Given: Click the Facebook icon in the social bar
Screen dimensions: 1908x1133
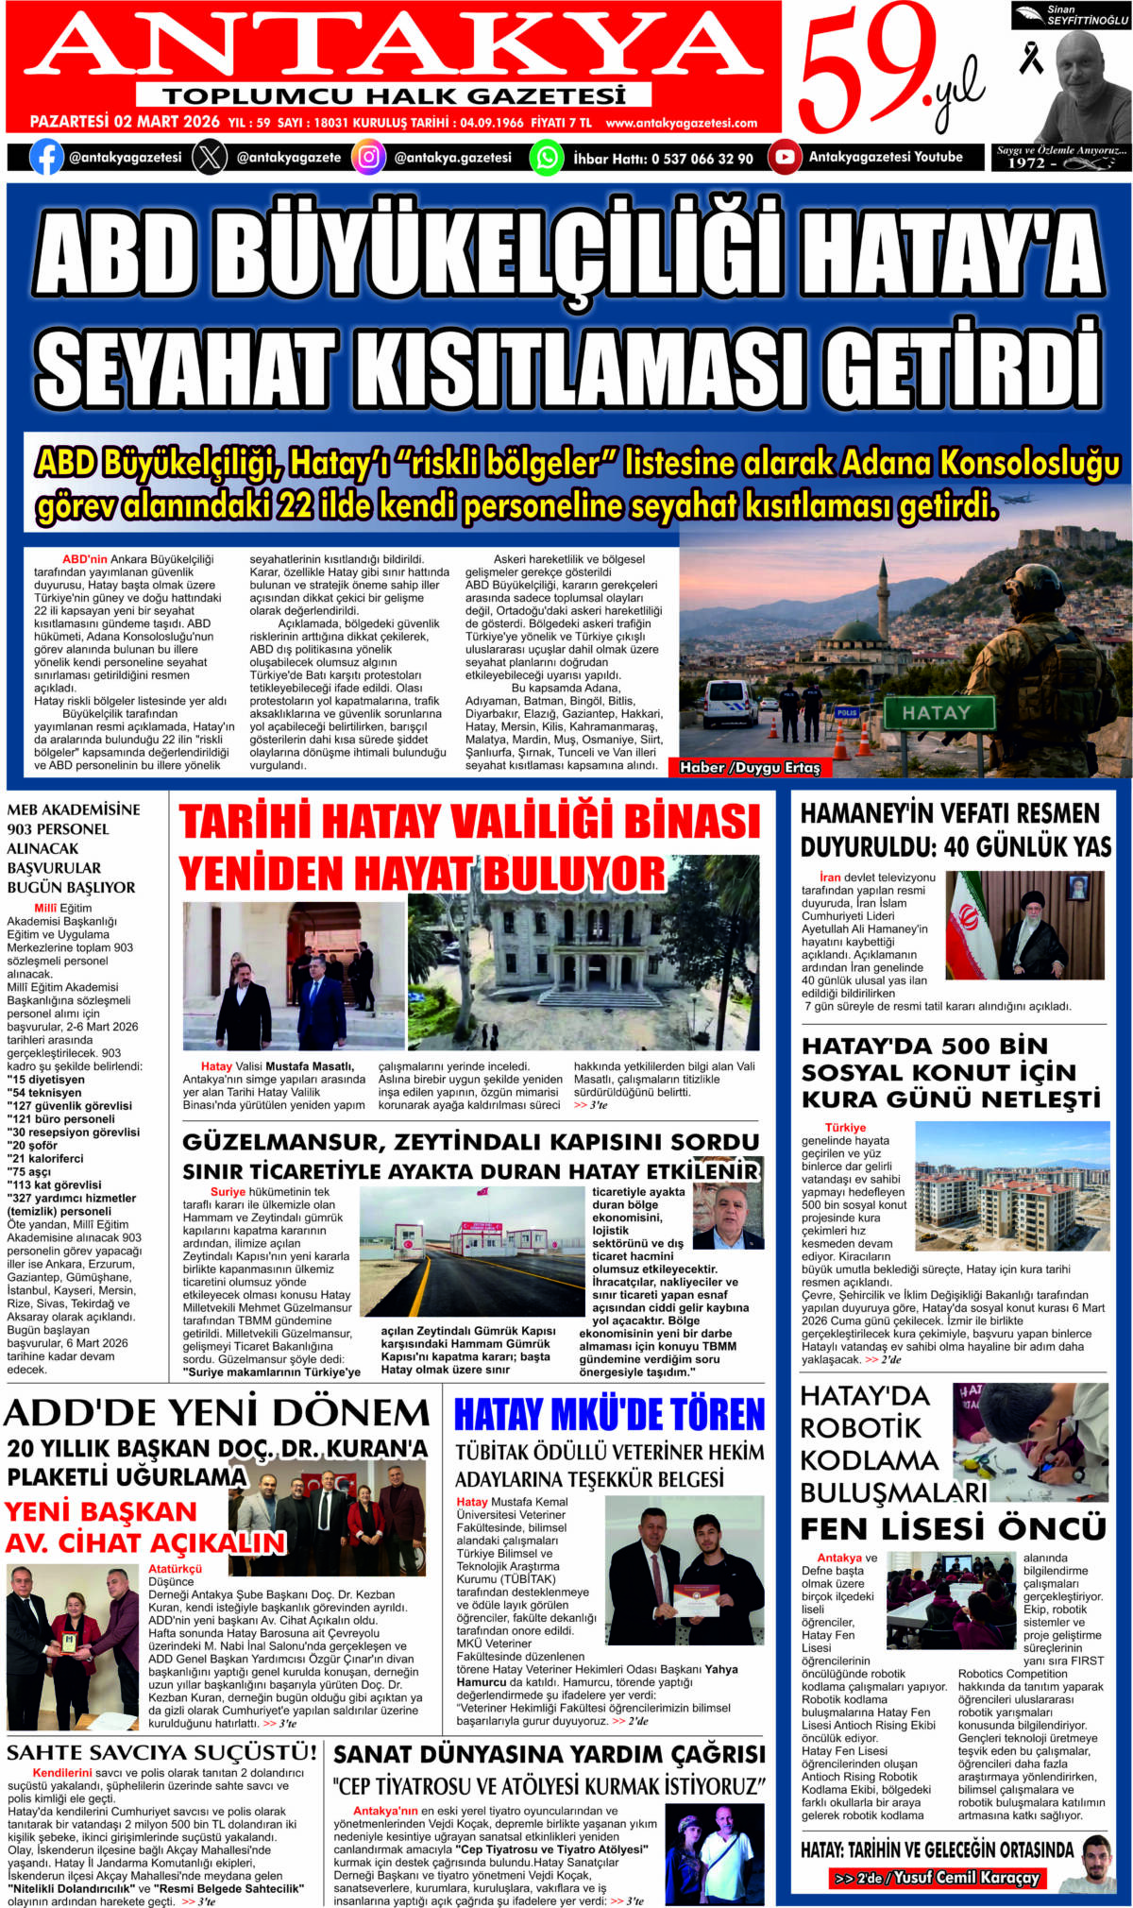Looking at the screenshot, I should click(46, 157).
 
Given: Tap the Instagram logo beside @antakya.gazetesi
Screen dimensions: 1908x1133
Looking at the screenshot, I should click(369, 157).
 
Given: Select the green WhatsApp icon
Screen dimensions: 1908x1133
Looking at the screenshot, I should click(546, 157).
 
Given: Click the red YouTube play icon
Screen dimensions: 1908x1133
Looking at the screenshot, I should click(784, 157).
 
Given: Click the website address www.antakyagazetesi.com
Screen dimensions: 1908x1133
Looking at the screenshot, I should click(681, 123).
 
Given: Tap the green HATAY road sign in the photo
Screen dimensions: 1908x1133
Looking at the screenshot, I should click(935, 713).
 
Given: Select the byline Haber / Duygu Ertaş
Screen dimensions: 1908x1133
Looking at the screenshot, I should click(750, 768).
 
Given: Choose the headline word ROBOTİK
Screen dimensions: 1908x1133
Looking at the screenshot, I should click(860, 1427).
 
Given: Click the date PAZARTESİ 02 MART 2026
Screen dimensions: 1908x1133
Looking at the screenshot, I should click(125, 122).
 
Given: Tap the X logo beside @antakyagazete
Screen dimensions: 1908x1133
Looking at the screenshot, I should click(210, 157).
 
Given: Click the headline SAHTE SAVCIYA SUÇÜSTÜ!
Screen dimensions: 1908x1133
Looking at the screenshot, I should click(161, 1753).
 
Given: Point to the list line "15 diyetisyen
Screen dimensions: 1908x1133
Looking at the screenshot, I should click(47, 1080).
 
